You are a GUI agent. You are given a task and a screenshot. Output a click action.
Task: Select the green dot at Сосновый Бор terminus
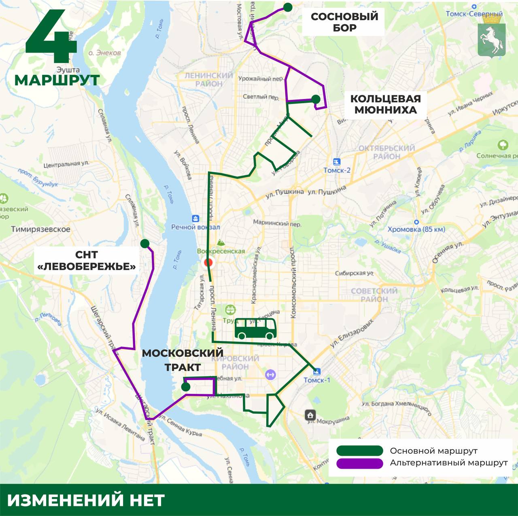pyautogui.click(x=288, y=7)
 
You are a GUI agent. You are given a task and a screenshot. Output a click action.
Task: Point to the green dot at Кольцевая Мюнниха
pyautogui.click(x=316, y=99)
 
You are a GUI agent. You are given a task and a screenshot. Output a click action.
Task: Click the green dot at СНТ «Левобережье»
pyautogui.click(x=144, y=243)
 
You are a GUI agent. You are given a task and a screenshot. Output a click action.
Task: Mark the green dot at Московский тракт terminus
pyautogui.click(x=186, y=387)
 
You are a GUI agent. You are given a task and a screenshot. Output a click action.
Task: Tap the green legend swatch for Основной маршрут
pyautogui.click(x=359, y=451)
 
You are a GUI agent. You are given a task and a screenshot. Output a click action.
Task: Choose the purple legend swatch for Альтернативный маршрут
pyautogui.click(x=359, y=463)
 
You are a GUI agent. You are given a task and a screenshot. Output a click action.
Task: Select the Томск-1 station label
pyautogui.click(x=317, y=380)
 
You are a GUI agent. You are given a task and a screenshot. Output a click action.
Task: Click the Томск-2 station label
pyautogui.click(x=337, y=170)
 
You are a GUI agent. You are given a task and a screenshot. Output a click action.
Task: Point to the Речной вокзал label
pyautogui.click(x=195, y=227)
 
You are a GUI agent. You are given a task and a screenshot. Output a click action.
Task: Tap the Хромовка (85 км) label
pyautogui.click(x=416, y=229)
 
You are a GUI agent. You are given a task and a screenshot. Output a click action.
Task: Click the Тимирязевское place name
pyautogui.click(x=40, y=229)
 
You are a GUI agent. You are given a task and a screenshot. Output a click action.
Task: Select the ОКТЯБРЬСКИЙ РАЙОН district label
pyautogui.click(x=386, y=152)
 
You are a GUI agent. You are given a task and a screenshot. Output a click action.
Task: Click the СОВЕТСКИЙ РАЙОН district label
pyautogui.click(x=374, y=295)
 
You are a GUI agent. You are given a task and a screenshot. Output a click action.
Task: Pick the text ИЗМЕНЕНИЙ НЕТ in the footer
pyautogui.click(x=86, y=500)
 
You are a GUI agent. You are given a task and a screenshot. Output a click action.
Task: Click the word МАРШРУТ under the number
pyautogui.click(x=57, y=80)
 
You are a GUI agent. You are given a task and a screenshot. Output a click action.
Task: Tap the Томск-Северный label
pyautogui.click(x=474, y=14)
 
